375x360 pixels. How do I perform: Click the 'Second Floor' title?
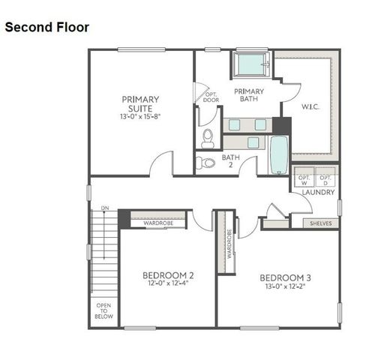[x=46, y=28]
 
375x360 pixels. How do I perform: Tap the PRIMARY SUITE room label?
[x=140, y=103]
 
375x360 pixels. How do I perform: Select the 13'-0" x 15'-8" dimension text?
[x=140, y=117]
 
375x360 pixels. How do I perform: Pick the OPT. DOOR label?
[x=211, y=96]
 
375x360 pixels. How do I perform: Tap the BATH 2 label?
[x=230, y=161]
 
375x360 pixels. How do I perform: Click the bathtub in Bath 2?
[x=277, y=154]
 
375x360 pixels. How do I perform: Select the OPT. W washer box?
[x=304, y=179]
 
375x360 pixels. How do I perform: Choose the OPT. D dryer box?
[x=325, y=179]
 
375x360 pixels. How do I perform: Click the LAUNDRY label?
[x=317, y=193]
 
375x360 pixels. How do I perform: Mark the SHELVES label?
[x=320, y=223]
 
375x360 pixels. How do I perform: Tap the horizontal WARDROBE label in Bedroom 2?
[x=159, y=223]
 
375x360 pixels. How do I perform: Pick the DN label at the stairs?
[x=105, y=208]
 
